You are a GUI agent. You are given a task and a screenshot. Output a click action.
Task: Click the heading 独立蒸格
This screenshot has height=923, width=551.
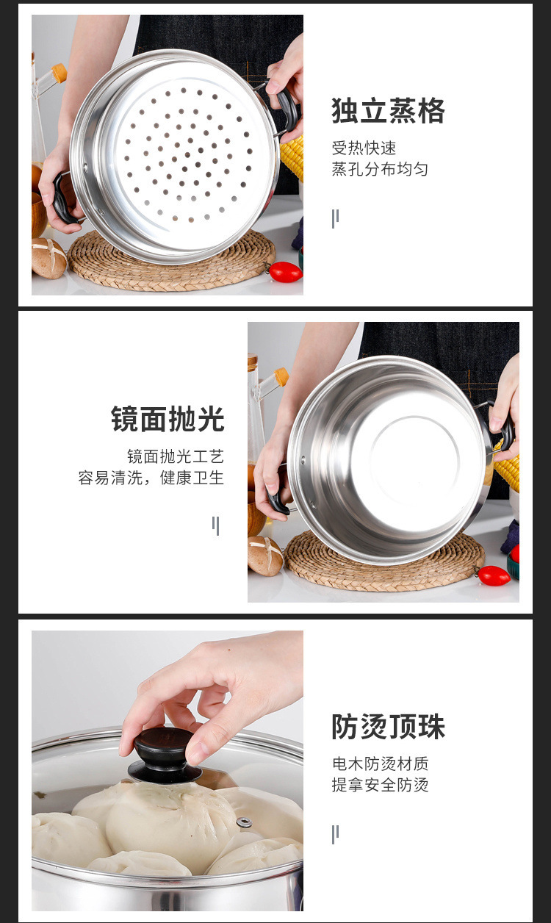[x=389, y=110]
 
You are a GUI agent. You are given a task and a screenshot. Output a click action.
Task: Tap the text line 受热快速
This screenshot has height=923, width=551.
[x=364, y=148]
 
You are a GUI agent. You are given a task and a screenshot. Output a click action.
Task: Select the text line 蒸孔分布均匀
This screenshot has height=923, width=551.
[x=380, y=169]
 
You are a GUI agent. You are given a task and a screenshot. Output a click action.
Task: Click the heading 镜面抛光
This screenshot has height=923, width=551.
[x=168, y=419]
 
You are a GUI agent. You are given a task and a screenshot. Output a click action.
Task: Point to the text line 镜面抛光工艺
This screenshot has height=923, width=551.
[x=176, y=456]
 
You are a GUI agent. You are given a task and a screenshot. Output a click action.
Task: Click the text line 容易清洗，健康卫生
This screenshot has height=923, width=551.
[x=151, y=478]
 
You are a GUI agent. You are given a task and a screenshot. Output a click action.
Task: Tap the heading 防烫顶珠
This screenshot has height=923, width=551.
[x=389, y=727]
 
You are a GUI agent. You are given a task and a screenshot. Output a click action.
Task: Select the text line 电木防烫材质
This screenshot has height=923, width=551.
[x=380, y=764]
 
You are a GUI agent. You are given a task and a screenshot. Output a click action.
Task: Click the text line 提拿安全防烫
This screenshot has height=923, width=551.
[x=380, y=785]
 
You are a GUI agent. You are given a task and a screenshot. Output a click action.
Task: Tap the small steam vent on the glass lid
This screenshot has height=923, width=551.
[x=244, y=822]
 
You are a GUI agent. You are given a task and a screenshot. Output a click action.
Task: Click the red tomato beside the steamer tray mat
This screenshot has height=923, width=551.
[x=285, y=272]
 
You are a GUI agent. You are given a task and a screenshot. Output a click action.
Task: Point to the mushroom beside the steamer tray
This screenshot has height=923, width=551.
[x=48, y=258]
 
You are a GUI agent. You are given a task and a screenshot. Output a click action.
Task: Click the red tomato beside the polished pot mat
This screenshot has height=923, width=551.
[x=494, y=575]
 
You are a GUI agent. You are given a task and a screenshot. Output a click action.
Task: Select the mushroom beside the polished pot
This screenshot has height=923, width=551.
[x=265, y=556]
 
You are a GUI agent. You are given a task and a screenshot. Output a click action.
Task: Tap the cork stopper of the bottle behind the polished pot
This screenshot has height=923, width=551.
[x=281, y=376]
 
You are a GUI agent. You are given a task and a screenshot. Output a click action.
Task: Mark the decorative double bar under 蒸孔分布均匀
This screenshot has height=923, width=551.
[x=336, y=218]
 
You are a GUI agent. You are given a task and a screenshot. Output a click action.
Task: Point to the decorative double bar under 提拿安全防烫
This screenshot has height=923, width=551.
[x=336, y=834]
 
